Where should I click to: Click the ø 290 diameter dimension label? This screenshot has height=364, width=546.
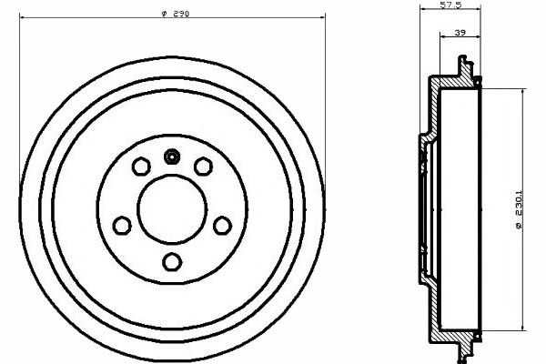click(x=176, y=14)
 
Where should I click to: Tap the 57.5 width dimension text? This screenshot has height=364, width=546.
click(x=450, y=5)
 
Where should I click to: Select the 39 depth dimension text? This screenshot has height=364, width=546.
click(x=460, y=33)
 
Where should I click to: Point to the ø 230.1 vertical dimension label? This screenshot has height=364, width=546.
click(x=519, y=209)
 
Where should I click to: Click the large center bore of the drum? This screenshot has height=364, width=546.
click(x=172, y=209)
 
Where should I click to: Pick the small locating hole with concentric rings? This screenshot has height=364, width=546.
click(x=172, y=157)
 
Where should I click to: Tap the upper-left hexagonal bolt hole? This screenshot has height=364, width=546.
click(x=141, y=167)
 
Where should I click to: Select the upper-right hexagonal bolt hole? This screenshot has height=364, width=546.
click(x=203, y=167)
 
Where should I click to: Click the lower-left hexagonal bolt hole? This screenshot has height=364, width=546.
click(x=122, y=225)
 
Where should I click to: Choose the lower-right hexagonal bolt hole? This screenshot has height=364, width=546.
click(x=223, y=226)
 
